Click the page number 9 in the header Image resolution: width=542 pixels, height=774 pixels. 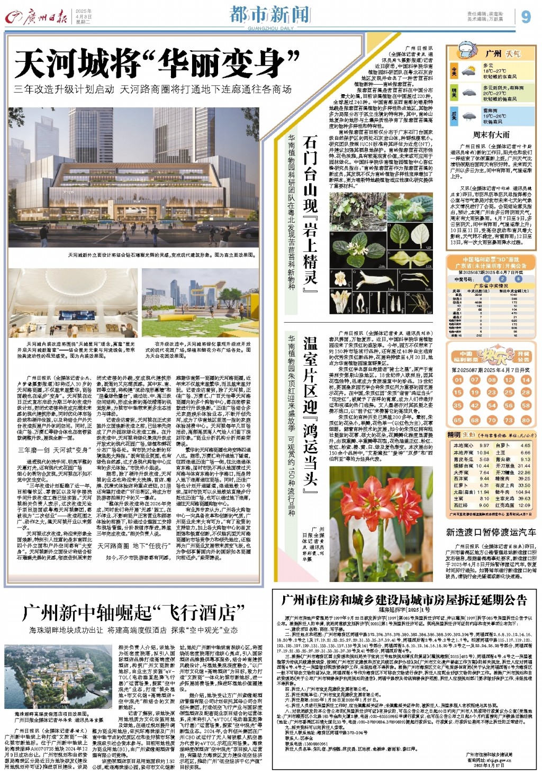tap(526, 17)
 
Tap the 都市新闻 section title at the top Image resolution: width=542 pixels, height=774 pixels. tap(269, 14)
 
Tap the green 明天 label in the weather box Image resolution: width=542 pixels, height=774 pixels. tap(454, 93)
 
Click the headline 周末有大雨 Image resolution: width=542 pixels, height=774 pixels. tap(491, 135)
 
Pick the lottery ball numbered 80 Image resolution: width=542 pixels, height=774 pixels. tap(525, 420)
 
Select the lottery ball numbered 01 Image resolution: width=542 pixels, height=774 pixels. tap(458, 379)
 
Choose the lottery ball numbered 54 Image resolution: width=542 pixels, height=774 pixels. tap(492, 406)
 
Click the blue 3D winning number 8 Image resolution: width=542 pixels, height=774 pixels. tap(487, 279)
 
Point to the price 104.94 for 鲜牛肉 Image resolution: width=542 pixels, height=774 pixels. tap(522, 492)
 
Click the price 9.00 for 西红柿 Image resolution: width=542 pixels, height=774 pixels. tap(484, 505)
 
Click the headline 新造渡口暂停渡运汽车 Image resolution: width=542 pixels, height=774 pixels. tap(491, 532)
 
